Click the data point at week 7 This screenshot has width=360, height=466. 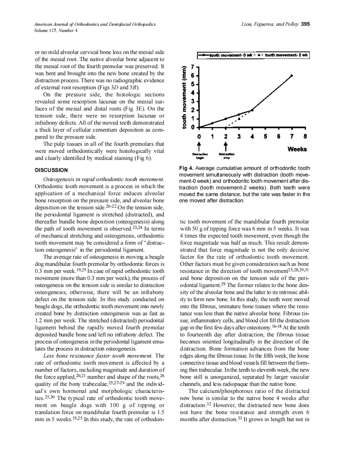coord(292,76)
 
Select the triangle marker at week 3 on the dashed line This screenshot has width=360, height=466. coord(239,119)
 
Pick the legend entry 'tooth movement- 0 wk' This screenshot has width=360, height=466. coord(226,55)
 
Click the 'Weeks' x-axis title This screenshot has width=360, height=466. coord(297,149)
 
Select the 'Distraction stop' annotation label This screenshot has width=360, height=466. coord(226,156)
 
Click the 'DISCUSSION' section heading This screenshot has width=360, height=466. coord(51,170)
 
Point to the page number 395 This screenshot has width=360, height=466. coord(305,24)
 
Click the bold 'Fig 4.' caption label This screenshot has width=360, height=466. coord(187,168)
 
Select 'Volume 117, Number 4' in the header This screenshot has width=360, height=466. coord(55,30)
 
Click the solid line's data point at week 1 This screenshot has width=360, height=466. coord(212,123)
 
